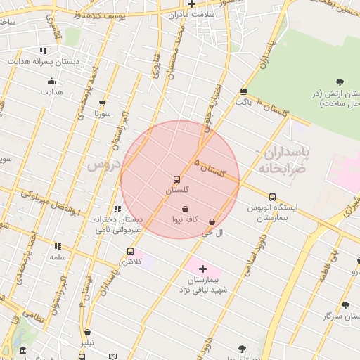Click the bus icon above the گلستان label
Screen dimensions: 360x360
[x=176, y=179]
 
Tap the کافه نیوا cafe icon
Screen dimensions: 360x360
[x=185, y=209]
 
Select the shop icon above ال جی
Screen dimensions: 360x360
[x=212, y=221]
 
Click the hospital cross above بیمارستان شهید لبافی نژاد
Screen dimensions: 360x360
[x=202, y=269]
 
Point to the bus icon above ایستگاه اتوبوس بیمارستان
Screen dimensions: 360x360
[x=272, y=197]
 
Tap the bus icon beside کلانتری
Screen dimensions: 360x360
[x=130, y=251]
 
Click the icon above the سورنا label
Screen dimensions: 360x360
[x=103, y=103]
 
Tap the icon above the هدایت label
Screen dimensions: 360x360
[x=51, y=82]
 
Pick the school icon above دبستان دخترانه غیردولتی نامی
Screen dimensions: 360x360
[x=117, y=209]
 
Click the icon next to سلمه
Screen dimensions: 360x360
[x=58, y=246]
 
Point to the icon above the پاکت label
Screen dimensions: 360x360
[x=243, y=91]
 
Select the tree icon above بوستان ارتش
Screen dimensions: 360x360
[x=340, y=83]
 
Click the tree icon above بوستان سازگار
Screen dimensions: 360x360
[x=345, y=306]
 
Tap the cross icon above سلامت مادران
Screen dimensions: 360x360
[x=191, y=4]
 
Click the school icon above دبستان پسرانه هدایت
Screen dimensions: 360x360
[x=44, y=51]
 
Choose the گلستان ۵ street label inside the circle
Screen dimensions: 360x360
[x=210, y=166]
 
